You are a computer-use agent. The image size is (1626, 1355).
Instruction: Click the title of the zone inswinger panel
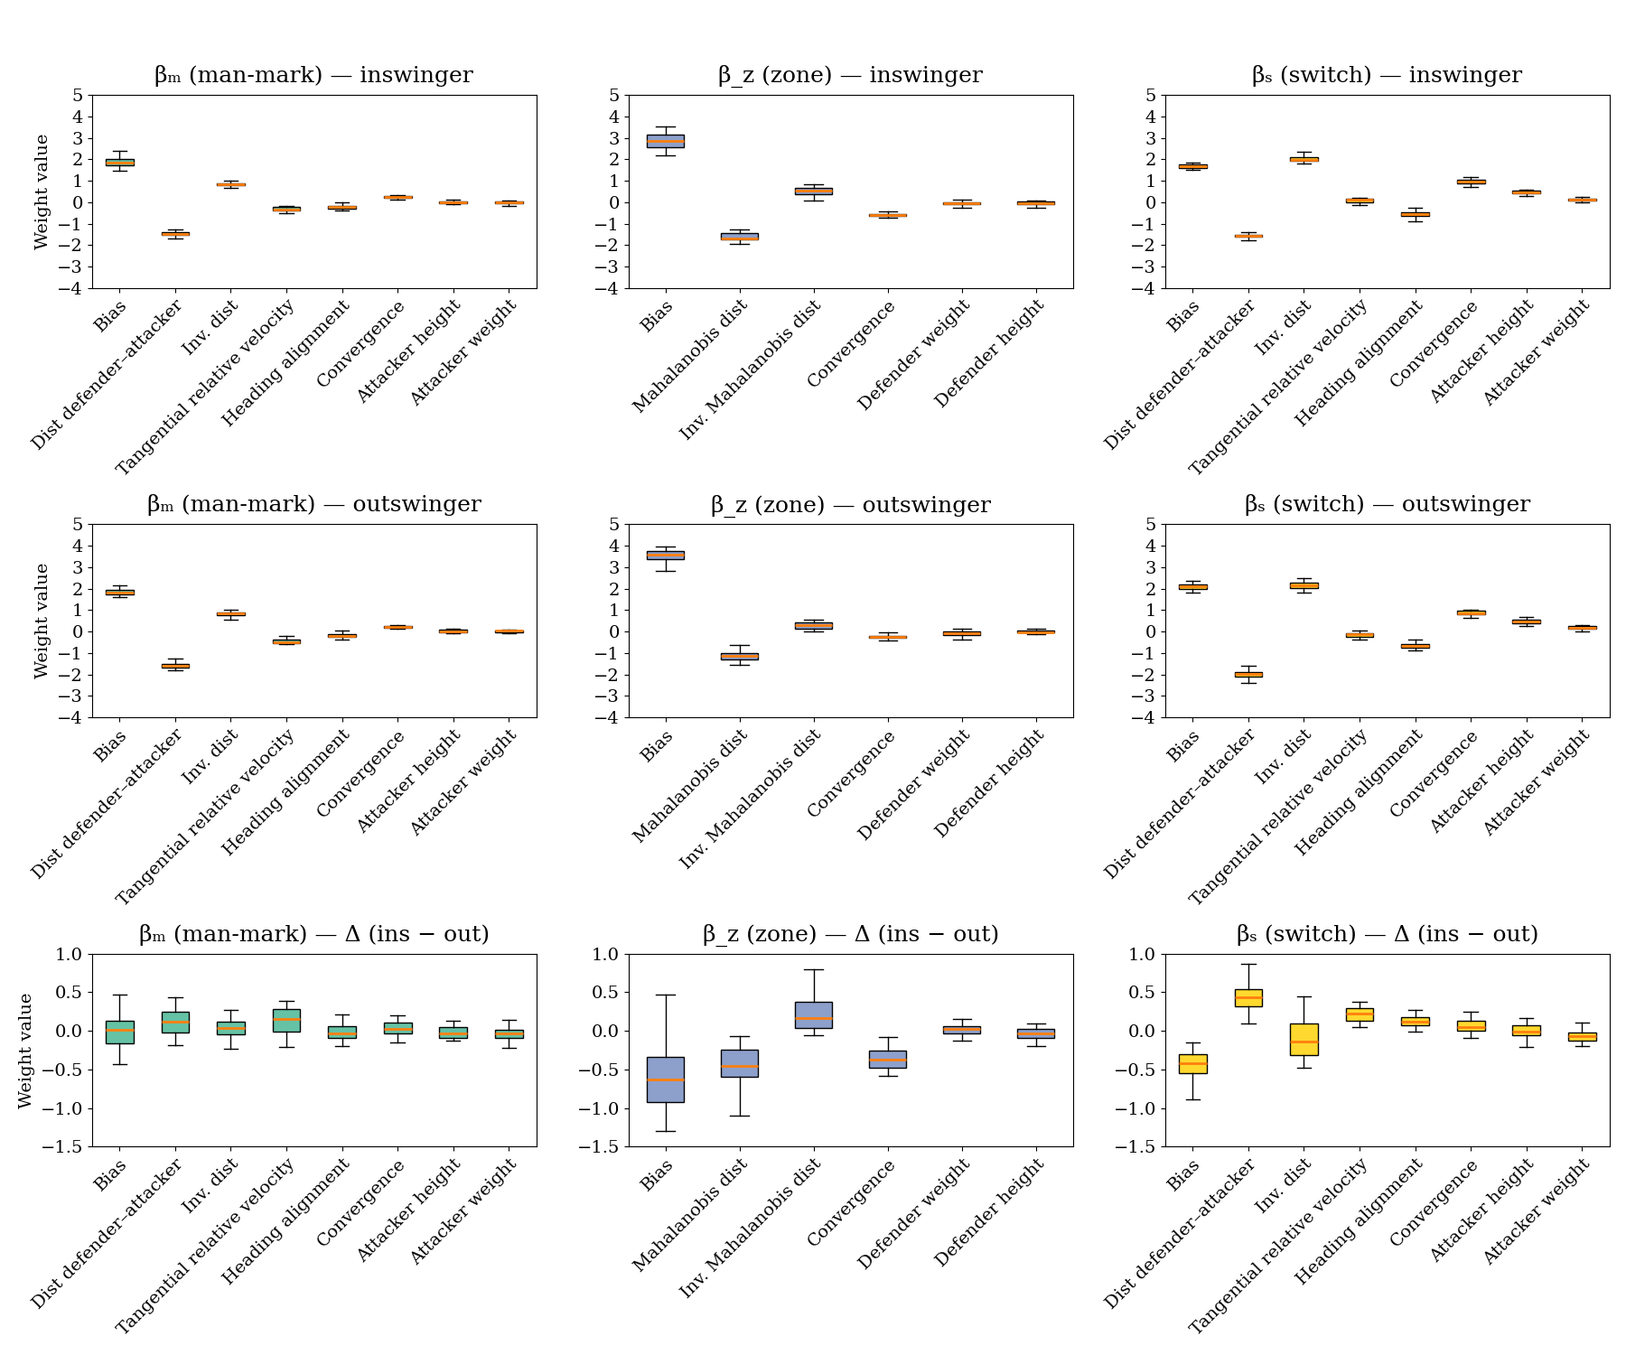[850, 75]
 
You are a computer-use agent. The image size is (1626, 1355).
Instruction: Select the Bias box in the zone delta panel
[665, 1079]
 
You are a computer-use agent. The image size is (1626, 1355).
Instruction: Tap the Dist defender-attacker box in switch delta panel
[1248, 997]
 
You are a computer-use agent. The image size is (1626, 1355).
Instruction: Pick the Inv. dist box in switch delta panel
[1304, 1039]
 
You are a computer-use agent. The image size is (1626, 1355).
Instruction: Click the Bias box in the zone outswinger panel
[665, 555]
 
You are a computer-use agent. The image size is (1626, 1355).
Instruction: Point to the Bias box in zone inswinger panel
[665, 141]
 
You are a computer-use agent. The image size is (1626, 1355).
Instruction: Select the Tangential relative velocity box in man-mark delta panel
[287, 1020]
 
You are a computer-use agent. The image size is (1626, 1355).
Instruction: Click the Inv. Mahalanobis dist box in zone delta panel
[814, 1014]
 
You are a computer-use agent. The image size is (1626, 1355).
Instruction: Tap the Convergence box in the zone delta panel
[888, 1059]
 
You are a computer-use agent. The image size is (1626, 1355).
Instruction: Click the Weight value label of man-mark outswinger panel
[42, 621]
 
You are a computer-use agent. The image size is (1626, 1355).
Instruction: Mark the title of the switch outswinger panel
[1387, 504]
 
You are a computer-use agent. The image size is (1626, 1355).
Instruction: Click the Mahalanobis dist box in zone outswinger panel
[739, 656]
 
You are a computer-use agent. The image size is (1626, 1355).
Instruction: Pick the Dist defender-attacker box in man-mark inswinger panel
[175, 234]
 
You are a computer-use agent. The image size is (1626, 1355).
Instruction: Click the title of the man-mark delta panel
[313, 933]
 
